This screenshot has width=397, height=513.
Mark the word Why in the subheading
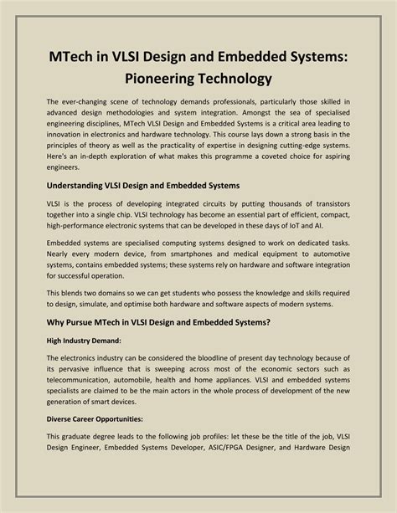coord(57,322)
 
